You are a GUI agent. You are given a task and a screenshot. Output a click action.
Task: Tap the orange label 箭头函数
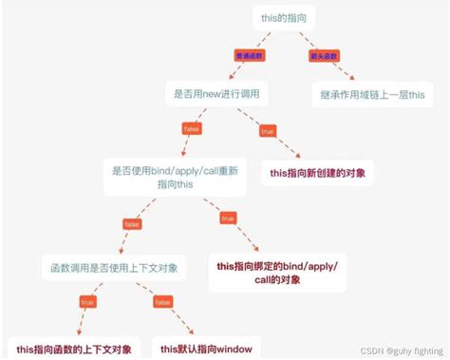(324, 55)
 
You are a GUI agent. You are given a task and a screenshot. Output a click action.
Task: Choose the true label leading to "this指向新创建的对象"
(267, 132)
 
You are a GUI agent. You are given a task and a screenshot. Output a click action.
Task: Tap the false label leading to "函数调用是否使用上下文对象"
(132, 224)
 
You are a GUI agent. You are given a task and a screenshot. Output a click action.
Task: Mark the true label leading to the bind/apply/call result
(227, 218)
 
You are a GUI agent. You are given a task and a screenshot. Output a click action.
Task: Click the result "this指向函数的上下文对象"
(74, 349)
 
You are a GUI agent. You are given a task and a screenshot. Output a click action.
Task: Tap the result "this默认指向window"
(206, 349)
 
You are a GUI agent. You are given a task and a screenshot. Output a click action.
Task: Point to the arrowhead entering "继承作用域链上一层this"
(352, 78)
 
